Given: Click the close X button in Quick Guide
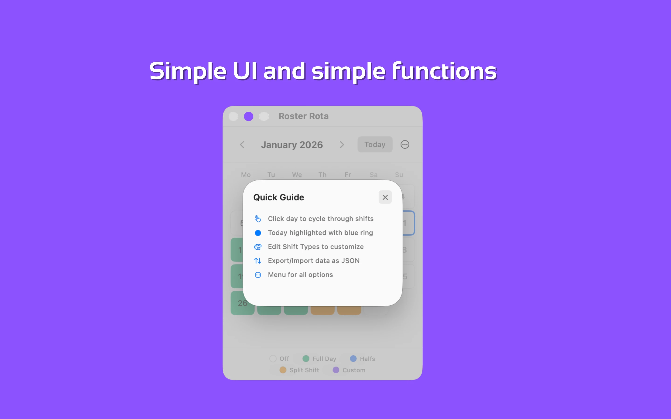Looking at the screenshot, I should click(x=385, y=197).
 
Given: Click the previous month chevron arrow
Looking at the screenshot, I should click(x=242, y=145).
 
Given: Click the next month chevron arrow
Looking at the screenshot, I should click(x=342, y=145).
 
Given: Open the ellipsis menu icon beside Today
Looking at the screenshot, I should click(x=405, y=144).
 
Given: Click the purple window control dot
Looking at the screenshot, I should click(x=248, y=116).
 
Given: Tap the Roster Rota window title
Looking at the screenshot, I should click(x=304, y=116).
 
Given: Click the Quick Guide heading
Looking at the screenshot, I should click(x=279, y=197).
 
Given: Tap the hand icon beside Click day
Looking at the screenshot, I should click(x=258, y=219).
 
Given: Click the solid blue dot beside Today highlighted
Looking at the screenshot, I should click(x=258, y=233).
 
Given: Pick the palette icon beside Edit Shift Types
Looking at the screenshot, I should click(x=258, y=247).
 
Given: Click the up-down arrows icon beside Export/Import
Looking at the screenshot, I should click(x=258, y=261).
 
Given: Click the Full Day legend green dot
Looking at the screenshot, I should click(x=306, y=358).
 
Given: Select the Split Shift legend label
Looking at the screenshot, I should click(x=304, y=370).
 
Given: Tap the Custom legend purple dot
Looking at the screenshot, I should click(x=336, y=370).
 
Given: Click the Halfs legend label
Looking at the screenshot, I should click(x=367, y=358).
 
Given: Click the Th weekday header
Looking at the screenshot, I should click(x=322, y=175).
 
